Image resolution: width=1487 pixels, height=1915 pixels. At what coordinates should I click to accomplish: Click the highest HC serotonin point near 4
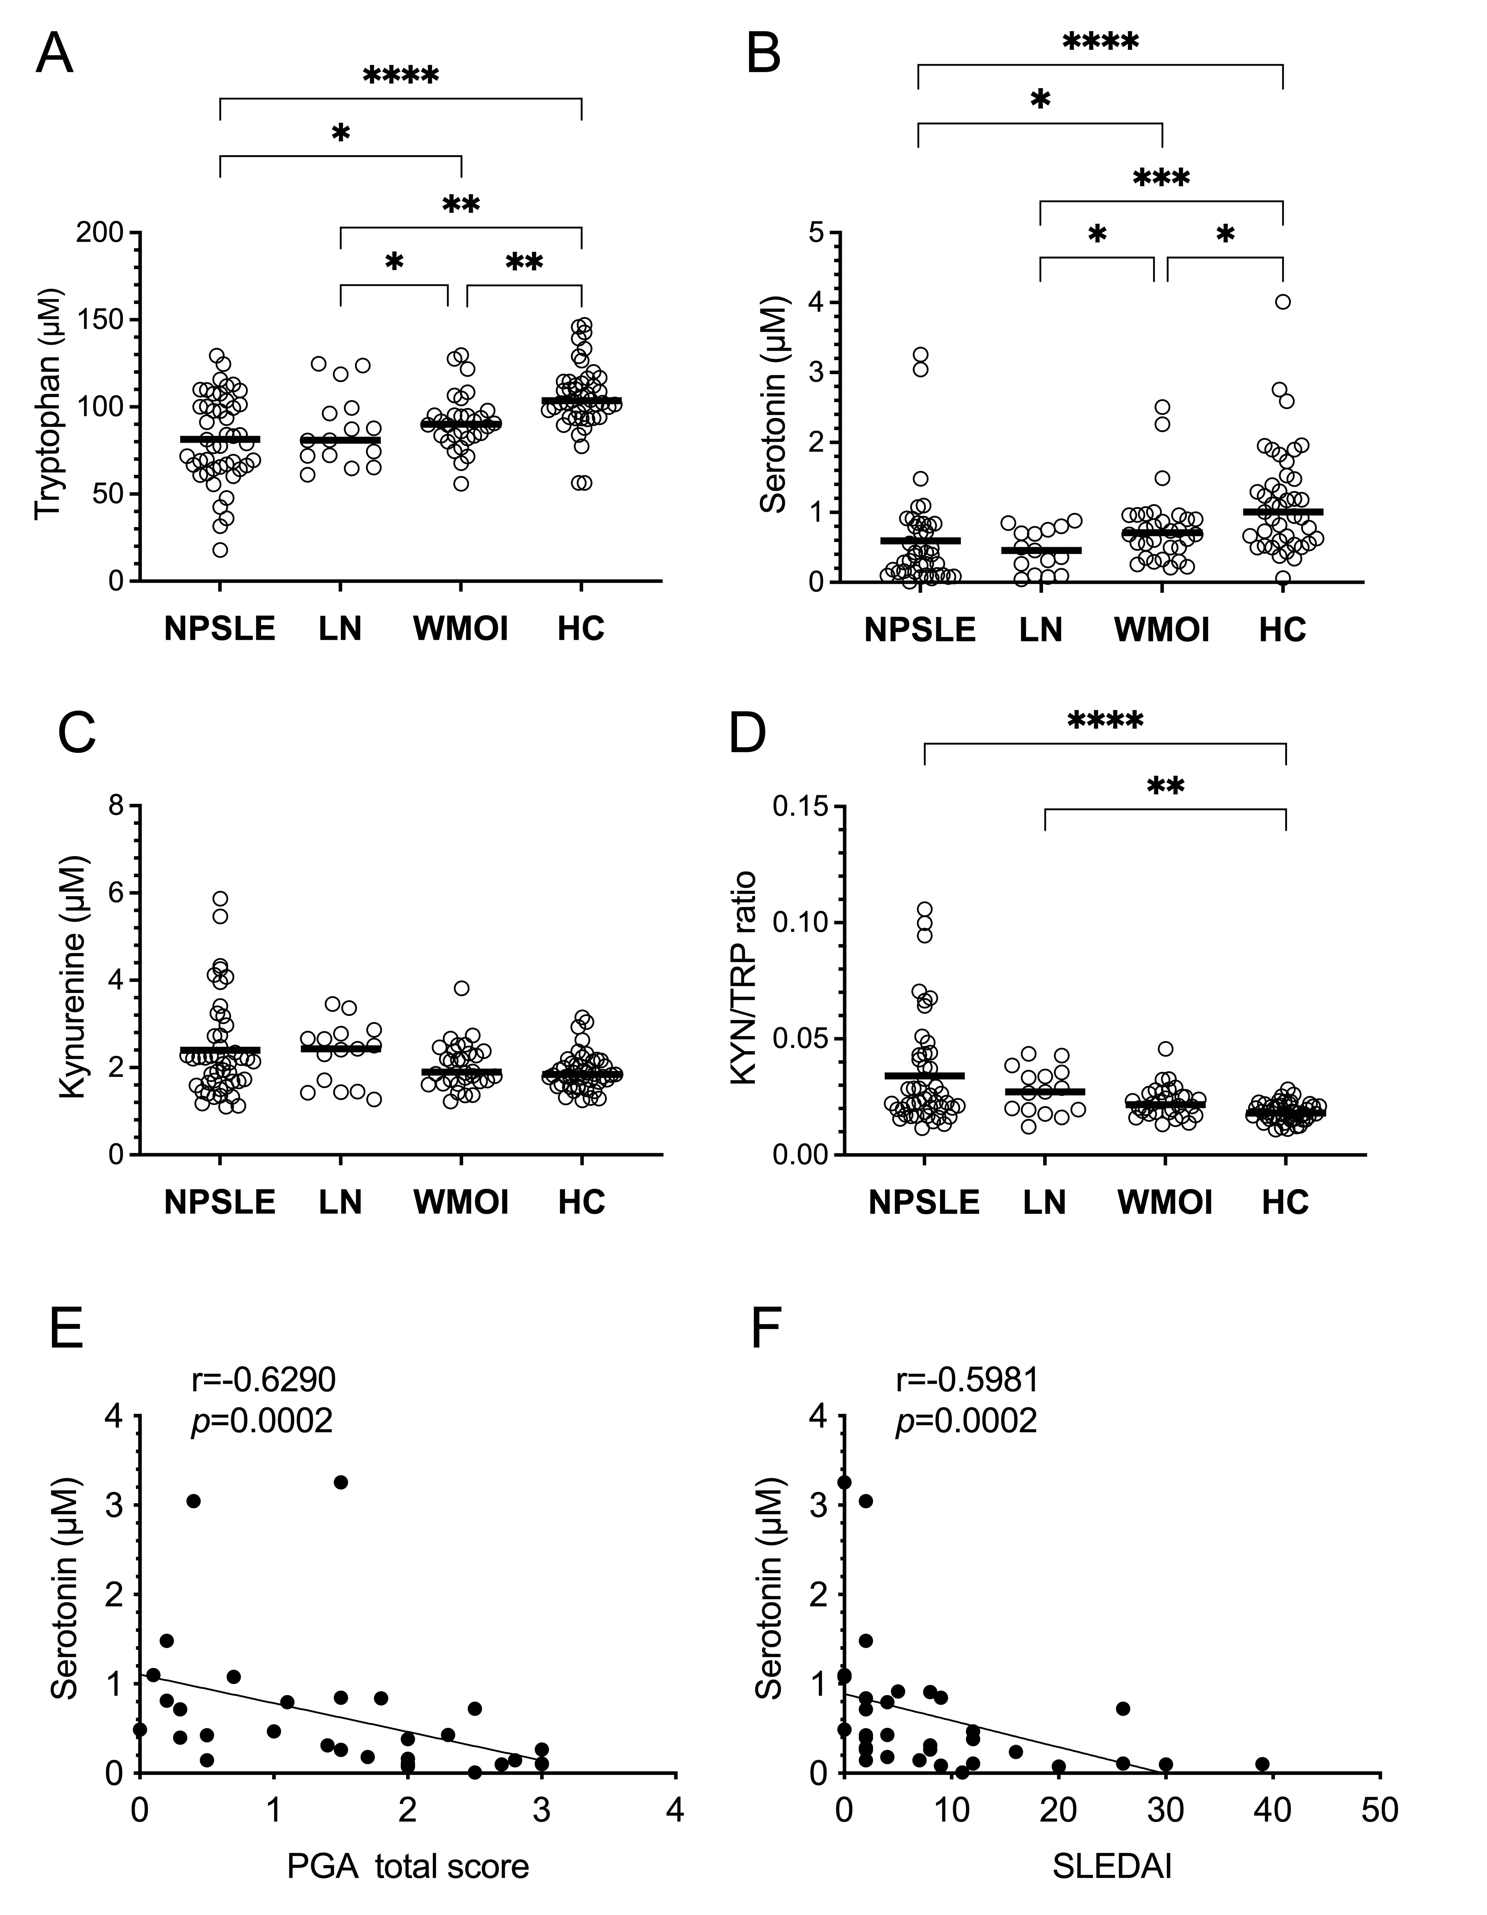(1283, 302)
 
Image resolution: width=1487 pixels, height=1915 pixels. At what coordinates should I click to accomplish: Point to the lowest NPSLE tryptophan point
(220, 550)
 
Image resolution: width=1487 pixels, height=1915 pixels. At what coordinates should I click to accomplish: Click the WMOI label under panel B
(1162, 630)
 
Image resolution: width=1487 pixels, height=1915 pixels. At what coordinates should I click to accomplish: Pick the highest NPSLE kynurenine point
(220, 898)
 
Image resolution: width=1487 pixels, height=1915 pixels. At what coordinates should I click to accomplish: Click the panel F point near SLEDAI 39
(1263, 1763)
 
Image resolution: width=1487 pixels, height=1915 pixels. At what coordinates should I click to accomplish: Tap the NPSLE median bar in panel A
(220, 438)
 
